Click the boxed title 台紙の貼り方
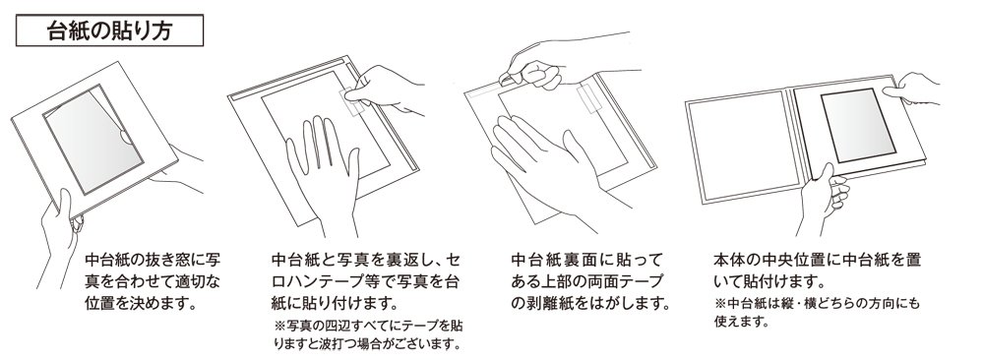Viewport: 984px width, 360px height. click(109, 30)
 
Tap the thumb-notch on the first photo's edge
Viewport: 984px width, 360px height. click(126, 136)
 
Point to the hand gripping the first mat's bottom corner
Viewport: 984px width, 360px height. click(60, 235)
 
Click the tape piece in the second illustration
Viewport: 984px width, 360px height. click(352, 101)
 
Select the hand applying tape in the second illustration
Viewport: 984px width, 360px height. click(383, 88)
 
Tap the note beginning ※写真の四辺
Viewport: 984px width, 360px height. click(368, 334)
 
